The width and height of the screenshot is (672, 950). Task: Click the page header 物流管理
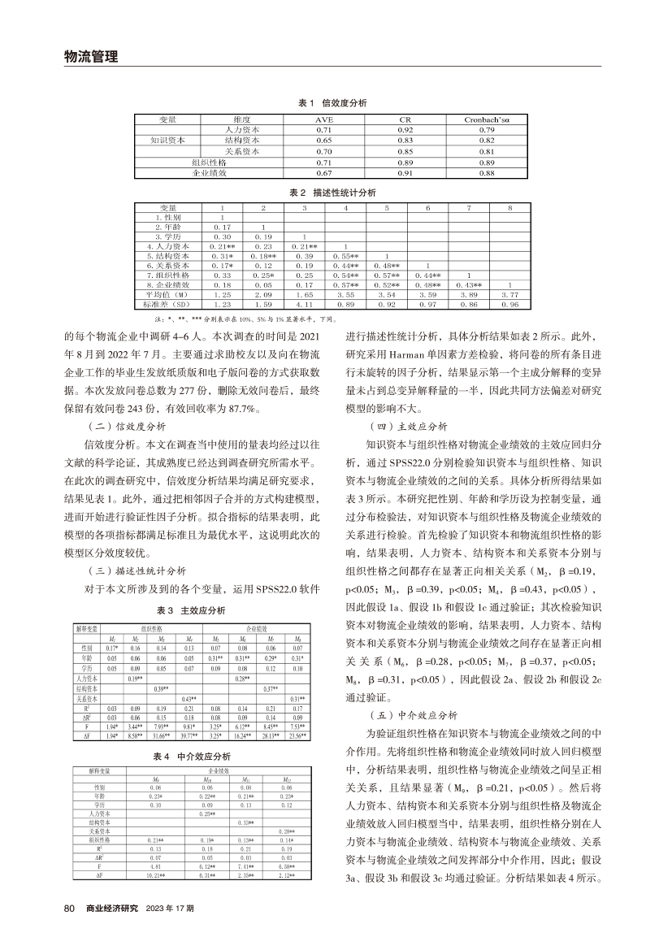click(91, 56)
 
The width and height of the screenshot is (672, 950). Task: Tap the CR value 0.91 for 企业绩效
click(405, 173)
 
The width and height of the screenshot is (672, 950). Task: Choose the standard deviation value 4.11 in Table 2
click(304, 305)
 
